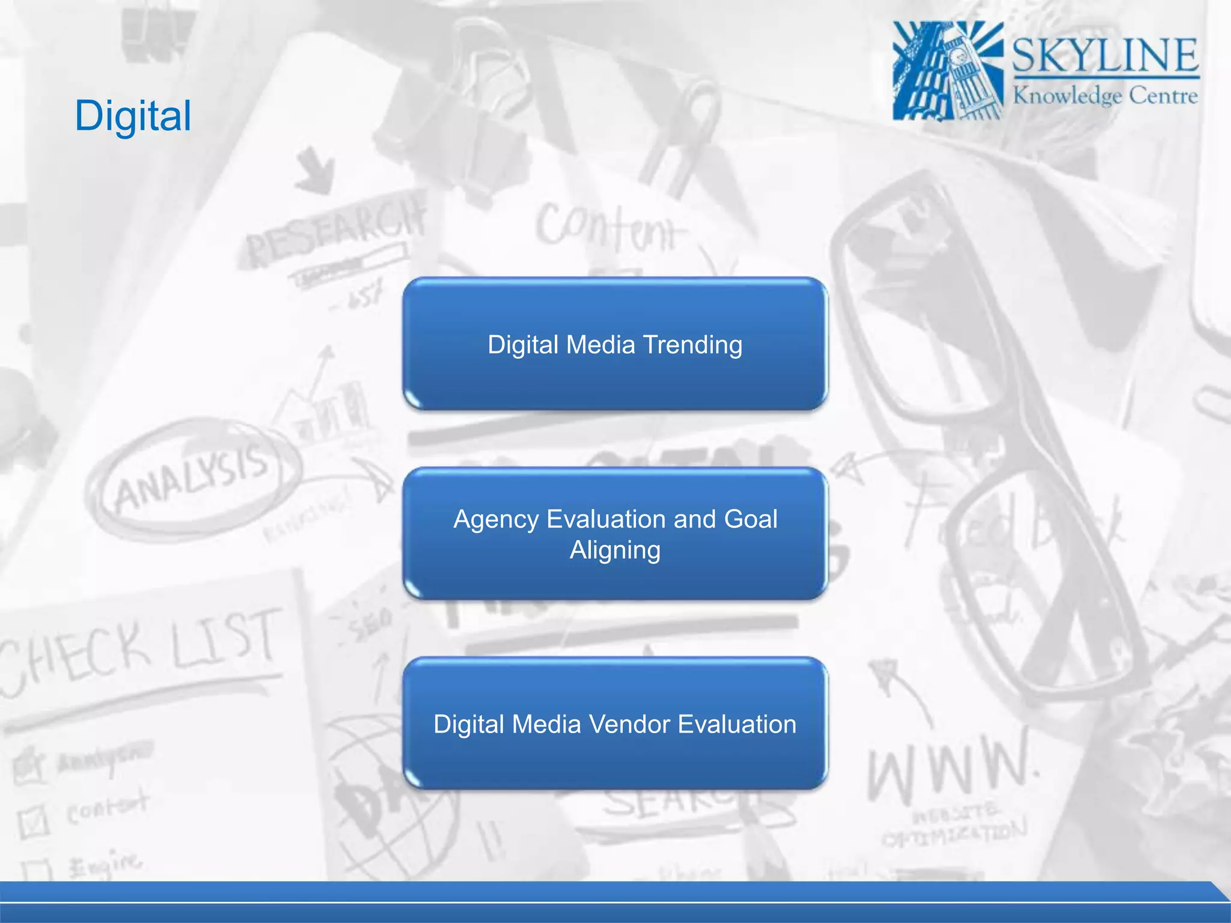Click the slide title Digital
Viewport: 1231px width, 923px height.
(x=133, y=115)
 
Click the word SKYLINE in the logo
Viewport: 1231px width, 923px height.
(x=1105, y=55)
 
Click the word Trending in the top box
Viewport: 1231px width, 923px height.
(x=692, y=345)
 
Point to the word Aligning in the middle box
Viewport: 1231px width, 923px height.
(x=615, y=550)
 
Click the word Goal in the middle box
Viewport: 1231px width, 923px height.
(x=751, y=519)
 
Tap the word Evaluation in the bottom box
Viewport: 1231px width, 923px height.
(x=737, y=724)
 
